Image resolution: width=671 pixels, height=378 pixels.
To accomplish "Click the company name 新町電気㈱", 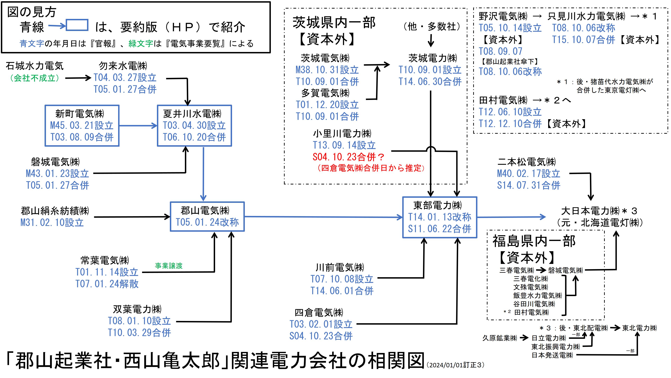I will [x=80, y=114].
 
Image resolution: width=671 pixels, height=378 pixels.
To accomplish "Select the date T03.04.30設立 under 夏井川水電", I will [x=194, y=125].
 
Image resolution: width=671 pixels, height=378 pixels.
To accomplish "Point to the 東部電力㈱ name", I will [x=438, y=205].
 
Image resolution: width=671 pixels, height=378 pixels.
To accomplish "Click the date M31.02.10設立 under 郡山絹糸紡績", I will [x=52, y=223].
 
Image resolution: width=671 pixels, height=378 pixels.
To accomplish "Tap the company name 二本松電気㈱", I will [x=526, y=162].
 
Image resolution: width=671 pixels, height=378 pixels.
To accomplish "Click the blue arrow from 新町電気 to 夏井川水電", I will [x=138, y=126].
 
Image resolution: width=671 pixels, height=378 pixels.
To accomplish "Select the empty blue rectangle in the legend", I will [x=77, y=25].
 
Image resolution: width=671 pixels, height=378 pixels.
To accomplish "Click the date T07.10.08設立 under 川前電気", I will [x=342, y=279].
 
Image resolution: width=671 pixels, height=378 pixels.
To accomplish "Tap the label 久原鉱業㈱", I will [x=499, y=338].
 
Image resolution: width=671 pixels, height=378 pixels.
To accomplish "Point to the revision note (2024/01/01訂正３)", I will [x=455, y=365].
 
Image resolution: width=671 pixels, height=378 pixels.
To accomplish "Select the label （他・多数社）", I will [x=432, y=26].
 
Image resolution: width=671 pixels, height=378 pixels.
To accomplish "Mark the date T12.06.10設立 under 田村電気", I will [x=510, y=112].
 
